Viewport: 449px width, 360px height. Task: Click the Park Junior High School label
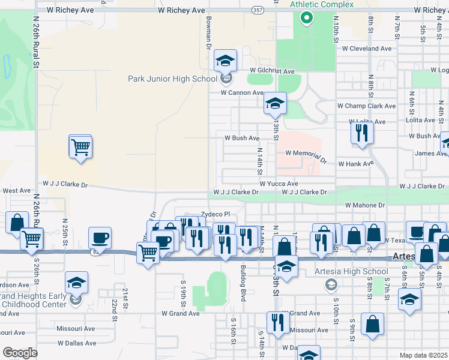point(172,79)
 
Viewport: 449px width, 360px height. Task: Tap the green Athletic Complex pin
point(306,17)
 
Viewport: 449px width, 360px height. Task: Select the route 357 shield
point(258,10)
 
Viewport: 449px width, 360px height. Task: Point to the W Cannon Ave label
point(242,93)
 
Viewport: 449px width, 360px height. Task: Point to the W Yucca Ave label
point(279,184)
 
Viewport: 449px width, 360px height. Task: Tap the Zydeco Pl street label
point(215,214)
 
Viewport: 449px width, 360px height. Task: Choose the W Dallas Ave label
point(76,343)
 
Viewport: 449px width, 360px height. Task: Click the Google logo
point(20,352)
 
